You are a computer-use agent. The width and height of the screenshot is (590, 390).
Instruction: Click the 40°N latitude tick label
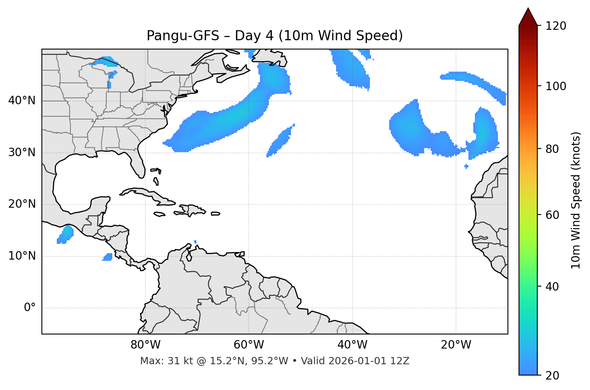click(22, 101)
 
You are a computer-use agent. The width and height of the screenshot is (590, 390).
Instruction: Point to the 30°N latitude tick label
click(22, 153)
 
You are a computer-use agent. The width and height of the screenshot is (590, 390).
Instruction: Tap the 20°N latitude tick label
click(22, 204)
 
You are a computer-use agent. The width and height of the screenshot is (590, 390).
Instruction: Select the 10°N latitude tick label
click(22, 256)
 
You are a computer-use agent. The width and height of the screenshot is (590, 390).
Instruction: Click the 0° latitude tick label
click(30, 308)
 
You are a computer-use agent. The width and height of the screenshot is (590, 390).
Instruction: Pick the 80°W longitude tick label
click(145, 345)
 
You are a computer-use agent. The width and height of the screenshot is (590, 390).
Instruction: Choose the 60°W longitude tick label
click(249, 345)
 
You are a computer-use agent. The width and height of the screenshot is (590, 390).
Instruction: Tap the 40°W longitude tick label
click(353, 345)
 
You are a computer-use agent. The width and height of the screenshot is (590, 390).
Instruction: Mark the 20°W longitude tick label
click(456, 345)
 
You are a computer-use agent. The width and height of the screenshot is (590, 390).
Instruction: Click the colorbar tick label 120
click(556, 26)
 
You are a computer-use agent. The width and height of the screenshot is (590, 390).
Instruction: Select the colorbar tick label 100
click(556, 86)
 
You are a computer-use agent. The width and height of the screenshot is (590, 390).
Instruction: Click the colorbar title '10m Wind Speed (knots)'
click(576, 200)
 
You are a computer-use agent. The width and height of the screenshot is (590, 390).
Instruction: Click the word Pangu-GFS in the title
click(183, 36)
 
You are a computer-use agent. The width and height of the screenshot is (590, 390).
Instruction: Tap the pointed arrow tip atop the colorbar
click(528, 9)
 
